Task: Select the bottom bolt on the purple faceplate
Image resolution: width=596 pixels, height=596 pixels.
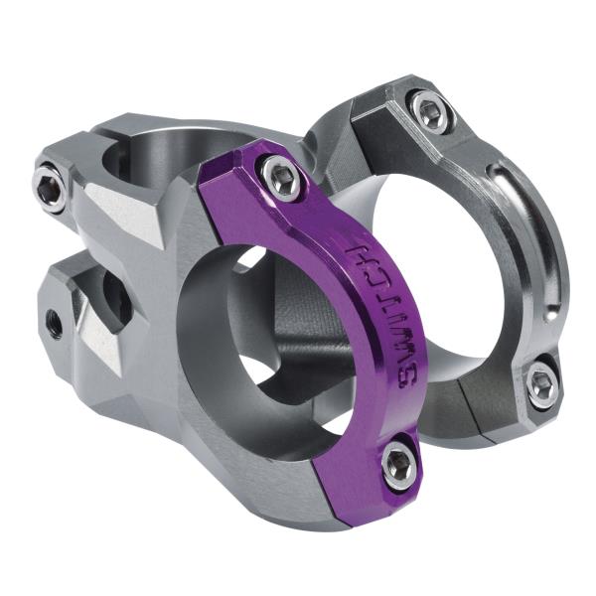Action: click(x=399, y=464)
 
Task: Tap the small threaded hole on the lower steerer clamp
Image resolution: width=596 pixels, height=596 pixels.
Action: click(x=54, y=322)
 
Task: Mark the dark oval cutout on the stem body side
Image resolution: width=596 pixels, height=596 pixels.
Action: click(x=117, y=299)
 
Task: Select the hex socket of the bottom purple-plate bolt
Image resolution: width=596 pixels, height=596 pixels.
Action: click(x=399, y=464)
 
